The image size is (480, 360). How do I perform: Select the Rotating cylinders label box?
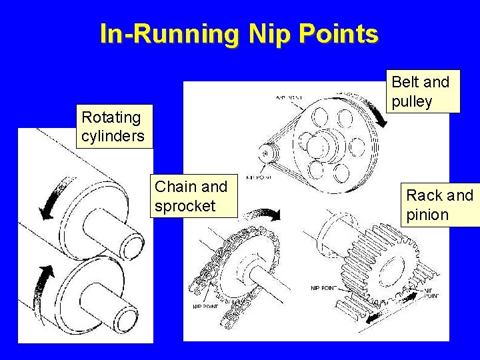tap(113, 127)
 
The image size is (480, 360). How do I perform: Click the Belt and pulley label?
tap(421, 91)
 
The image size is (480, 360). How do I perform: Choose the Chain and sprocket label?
tap(191, 196)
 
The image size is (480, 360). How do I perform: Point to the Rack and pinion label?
tap(440, 205)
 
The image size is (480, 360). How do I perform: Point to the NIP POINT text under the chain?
tap(206, 306)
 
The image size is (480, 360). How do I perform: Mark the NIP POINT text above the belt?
tap(289, 98)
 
